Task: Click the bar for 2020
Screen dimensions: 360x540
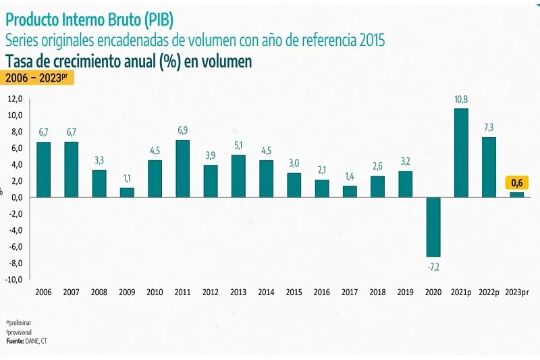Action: pyautogui.click(x=433, y=226)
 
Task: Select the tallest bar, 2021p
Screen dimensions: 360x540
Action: pyautogui.click(x=461, y=153)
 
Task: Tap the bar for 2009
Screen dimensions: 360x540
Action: pyautogui.click(x=127, y=192)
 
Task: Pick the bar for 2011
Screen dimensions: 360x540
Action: pyautogui.click(x=182, y=168)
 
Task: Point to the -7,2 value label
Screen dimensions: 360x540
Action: pyautogui.click(x=433, y=267)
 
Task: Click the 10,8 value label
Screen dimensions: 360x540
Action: pyautogui.click(x=461, y=99)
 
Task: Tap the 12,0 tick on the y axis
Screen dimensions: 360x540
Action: pyautogui.click(x=16, y=99)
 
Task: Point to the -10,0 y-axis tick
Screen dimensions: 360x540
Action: pyautogui.click(x=14, y=280)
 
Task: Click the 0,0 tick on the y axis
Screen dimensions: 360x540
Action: pyautogui.click(x=17, y=197)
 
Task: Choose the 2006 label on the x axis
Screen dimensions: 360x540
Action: pyautogui.click(x=43, y=292)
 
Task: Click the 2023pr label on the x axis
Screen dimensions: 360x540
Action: pyautogui.click(x=517, y=292)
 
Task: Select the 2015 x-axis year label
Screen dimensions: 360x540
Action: pyautogui.click(x=294, y=292)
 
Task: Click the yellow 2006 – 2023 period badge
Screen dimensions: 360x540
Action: pyautogui.click(x=37, y=78)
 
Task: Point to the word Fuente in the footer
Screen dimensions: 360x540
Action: pyautogui.click(x=15, y=341)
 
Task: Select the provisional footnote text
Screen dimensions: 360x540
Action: pyautogui.click(x=19, y=332)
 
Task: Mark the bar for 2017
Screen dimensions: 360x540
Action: pyautogui.click(x=350, y=191)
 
